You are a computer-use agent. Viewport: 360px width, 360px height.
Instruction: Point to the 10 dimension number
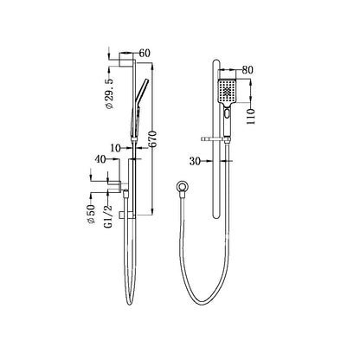pos(114,148)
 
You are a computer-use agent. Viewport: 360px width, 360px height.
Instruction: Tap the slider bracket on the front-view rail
pos(215,135)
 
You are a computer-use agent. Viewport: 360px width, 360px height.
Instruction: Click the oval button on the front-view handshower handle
pos(227,114)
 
